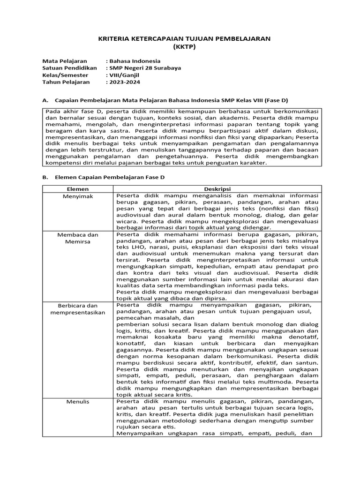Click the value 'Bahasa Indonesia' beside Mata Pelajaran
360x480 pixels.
pyautogui.click(x=135, y=61)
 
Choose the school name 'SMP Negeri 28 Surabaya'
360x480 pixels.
pyautogui.click(x=145, y=68)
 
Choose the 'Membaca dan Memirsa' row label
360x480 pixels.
pyautogui.click(x=78, y=238)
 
